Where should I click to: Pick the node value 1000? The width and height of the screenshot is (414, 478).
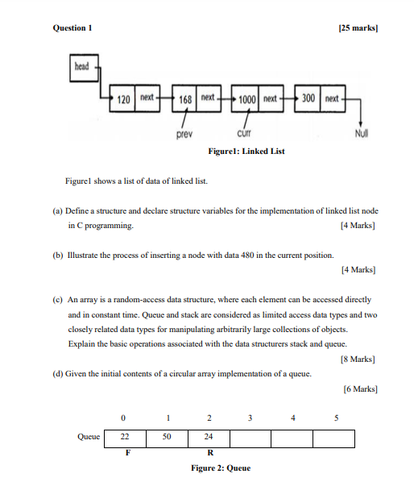[247, 98]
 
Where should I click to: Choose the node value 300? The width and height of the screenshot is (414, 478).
[308, 98]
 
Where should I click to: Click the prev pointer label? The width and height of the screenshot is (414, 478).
[185, 134]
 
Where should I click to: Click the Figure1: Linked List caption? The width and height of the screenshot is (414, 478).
[246, 151]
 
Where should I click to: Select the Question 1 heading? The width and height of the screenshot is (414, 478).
[72, 28]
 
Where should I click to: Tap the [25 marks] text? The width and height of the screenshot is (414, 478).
[358, 28]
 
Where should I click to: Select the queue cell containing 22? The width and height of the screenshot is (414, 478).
[125, 437]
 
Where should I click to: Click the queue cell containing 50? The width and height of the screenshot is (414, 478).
[167, 437]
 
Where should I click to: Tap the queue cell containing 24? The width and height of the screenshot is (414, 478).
[209, 437]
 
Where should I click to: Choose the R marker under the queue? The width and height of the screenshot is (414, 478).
[209, 453]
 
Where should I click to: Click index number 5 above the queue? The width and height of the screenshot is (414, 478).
[336, 418]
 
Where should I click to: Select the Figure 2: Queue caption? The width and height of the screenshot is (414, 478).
[219, 468]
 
